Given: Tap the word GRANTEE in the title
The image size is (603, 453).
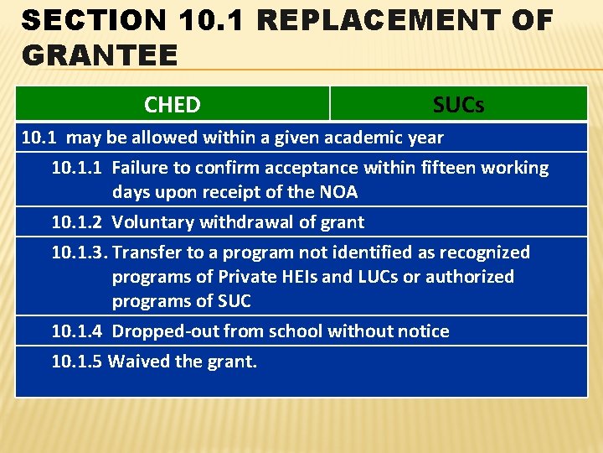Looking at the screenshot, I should [x=100, y=55].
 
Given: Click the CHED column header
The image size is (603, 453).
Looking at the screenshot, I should [x=172, y=105].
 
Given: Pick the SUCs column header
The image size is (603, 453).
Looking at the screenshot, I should [x=458, y=105].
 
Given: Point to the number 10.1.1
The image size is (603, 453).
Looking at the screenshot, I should [x=77, y=168].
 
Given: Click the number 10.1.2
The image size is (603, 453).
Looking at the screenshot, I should [x=77, y=222].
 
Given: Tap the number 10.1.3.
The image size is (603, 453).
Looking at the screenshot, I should [x=79, y=253].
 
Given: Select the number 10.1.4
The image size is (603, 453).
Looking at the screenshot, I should [x=77, y=331].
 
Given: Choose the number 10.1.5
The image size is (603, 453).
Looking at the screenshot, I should [x=77, y=362].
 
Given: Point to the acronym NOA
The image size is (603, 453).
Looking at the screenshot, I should [x=338, y=192].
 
